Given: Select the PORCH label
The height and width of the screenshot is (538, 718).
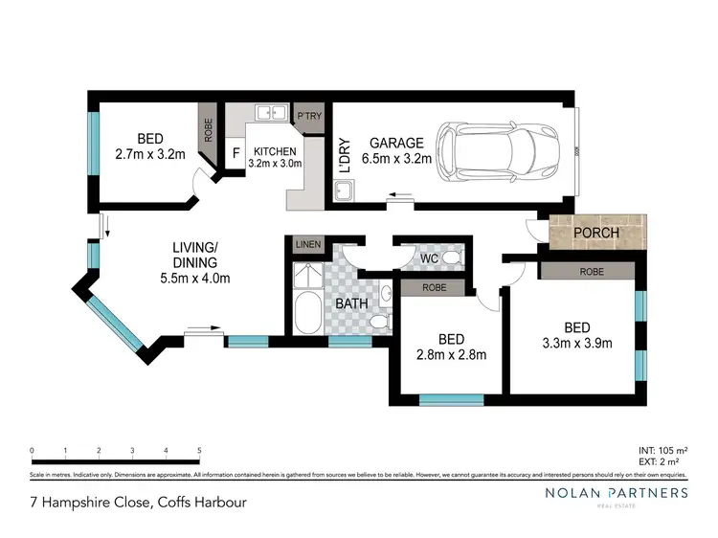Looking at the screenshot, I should pyautogui.click(x=595, y=233).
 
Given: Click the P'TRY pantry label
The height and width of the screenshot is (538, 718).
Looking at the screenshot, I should pyautogui.click(x=309, y=116).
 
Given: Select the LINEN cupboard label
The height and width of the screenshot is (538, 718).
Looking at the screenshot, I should pyautogui.click(x=308, y=244).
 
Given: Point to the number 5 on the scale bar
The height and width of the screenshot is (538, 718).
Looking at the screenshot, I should pyautogui.click(x=199, y=450).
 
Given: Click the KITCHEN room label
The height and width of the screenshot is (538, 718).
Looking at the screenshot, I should pyautogui.click(x=275, y=151).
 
